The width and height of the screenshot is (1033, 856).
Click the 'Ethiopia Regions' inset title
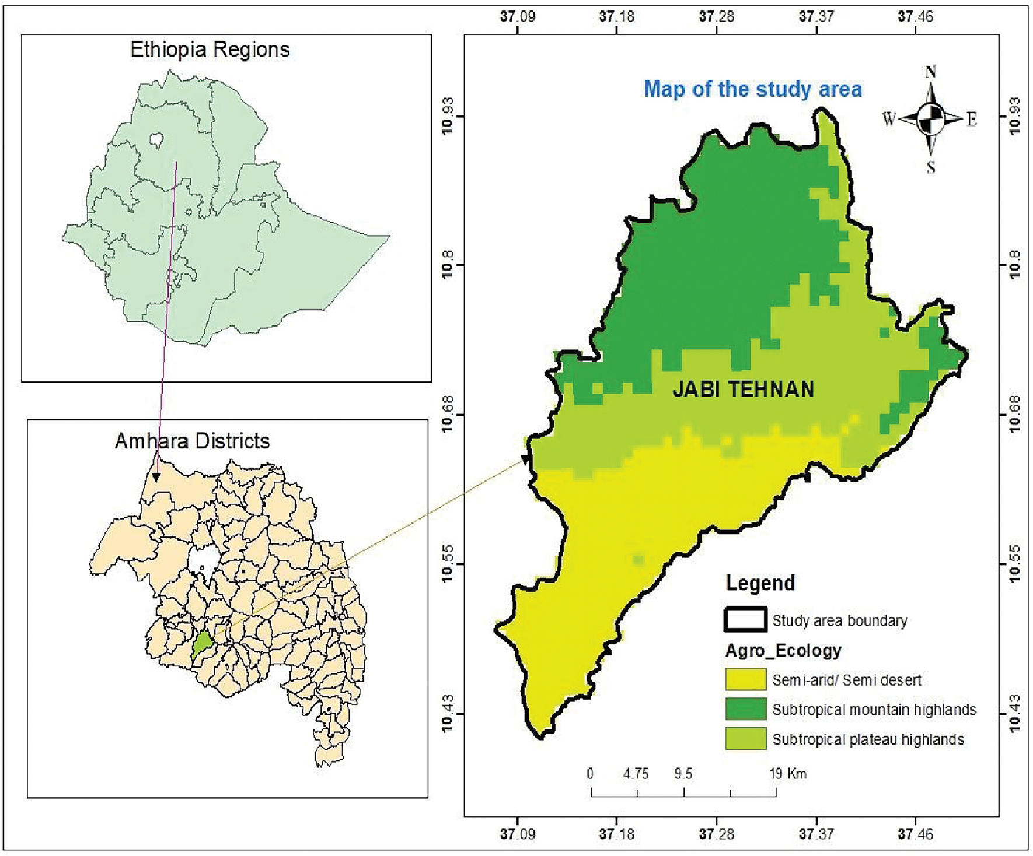pyautogui.click(x=210, y=50)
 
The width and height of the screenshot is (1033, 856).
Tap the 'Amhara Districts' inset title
pyautogui.click(x=192, y=441)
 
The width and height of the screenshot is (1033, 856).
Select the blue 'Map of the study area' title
pyautogui.click(x=753, y=89)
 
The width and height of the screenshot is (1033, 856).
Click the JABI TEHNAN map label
pyautogui.click(x=744, y=390)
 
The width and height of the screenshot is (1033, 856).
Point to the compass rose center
pyautogui.click(x=930, y=119)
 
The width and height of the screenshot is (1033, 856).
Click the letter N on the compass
pyautogui.click(x=931, y=72)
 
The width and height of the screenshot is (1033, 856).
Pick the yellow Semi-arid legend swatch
pyautogui.click(x=745, y=679)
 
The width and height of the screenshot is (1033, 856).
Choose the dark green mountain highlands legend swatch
pyautogui.click(x=745, y=709)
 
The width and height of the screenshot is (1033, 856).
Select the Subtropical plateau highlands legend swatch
pyautogui.click(x=745, y=739)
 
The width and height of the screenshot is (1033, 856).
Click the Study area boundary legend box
pyautogui.click(x=745, y=620)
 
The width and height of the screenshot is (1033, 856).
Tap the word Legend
pyautogui.click(x=760, y=583)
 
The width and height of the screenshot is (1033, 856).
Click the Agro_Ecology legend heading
pyautogui.click(x=783, y=651)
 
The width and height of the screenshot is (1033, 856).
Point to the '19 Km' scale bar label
pyautogui.click(x=788, y=774)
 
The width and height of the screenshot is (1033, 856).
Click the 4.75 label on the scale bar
pyautogui.click(x=636, y=774)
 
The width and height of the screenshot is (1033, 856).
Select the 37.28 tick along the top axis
pyautogui.click(x=717, y=16)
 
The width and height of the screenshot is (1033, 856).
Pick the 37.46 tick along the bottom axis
pyautogui.click(x=915, y=834)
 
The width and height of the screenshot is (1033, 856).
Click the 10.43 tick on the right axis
pyautogui.click(x=1014, y=714)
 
